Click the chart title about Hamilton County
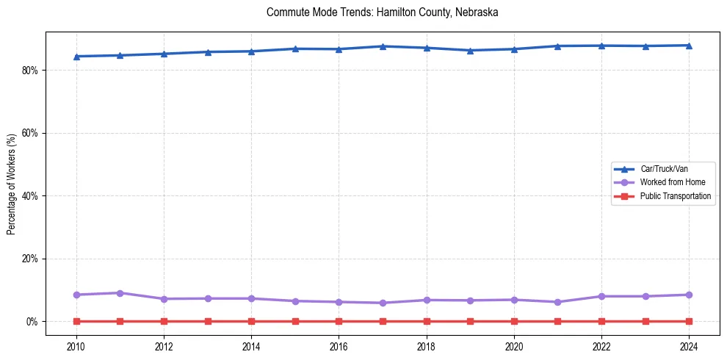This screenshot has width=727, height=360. click(x=383, y=12)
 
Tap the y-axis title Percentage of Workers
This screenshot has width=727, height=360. click(x=12, y=184)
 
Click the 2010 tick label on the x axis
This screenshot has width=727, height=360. click(x=76, y=346)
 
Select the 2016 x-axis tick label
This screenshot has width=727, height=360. click(x=339, y=346)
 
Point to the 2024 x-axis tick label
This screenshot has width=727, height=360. click(x=689, y=346)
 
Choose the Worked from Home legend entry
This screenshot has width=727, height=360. click(x=668, y=182)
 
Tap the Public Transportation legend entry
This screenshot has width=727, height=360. click(x=675, y=196)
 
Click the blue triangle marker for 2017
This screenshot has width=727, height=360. click(x=383, y=46)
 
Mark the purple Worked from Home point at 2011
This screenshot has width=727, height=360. click(x=120, y=293)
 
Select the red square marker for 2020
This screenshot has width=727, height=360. click(x=514, y=321)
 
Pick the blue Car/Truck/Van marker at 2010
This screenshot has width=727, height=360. click(x=76, y=57)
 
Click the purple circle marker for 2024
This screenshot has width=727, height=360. click(x=689, y=295)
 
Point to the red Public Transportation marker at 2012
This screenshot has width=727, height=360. click(x=164, y=321)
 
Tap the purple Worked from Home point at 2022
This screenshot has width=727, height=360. click(x=601, y=296)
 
